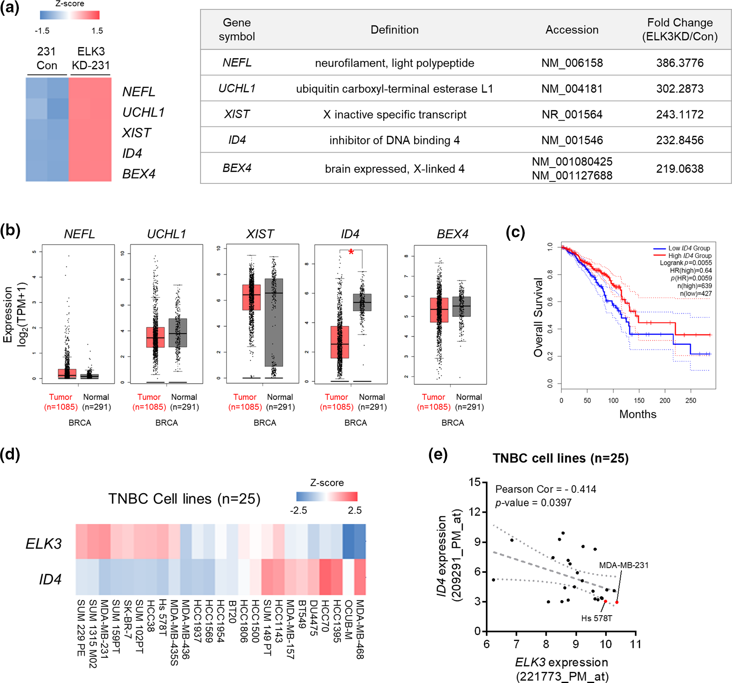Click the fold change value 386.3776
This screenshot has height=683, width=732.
click(680, 63)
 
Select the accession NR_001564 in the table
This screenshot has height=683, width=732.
click(572, 114)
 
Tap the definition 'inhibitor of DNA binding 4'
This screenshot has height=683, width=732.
click(394, 140)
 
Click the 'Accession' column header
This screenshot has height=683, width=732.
click(572, 30)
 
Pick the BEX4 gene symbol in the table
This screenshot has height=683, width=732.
click(237, 168)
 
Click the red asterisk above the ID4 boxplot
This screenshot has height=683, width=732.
click(351, 252)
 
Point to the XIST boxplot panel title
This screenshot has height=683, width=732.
click(260, 234)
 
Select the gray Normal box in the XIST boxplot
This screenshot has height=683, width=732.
click(274, 322)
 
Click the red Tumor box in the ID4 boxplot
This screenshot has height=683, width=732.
click(340, 342)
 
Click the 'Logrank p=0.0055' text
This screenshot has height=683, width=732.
click(686, 263)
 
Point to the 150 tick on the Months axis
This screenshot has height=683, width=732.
click(639, 400)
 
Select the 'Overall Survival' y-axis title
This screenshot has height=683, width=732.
click(538, 317)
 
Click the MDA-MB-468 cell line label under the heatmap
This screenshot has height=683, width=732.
click(360, 629)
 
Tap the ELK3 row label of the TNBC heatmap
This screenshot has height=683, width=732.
click(44, 543)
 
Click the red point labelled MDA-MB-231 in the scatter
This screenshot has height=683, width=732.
click(617, 602)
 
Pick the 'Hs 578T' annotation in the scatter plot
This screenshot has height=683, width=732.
click(596, 618)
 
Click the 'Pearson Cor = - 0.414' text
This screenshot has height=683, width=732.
click(546, 489)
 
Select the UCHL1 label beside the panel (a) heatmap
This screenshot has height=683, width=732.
click(143, 112)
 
